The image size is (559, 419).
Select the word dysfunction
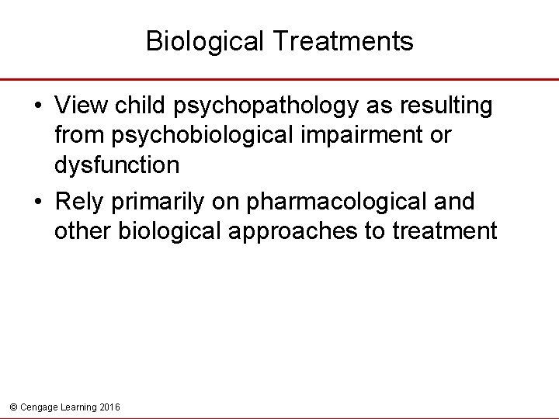(x=117, y=165)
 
